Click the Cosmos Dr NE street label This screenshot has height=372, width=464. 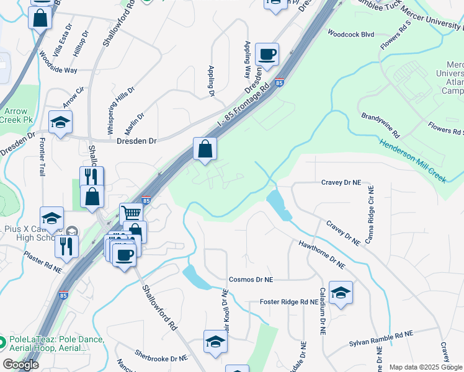pyautogui.click(x=251, y=280)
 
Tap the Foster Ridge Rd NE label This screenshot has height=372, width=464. pyautogui.click(x=289, y=302)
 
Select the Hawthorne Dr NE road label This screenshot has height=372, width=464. pyautogui.click(x=321, y=255)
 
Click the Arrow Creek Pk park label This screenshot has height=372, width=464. pyautogui.click(x=18, y=115)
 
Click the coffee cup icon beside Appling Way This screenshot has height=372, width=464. pyautogui.click(x=267, y=55)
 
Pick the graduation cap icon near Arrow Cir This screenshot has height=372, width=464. pyautogui.click(x=60, y=123)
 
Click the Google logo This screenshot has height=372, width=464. pyautogui.click(x=21, y=365)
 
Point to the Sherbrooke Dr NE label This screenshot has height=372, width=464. pyautogui.click(x=161, y=358)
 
